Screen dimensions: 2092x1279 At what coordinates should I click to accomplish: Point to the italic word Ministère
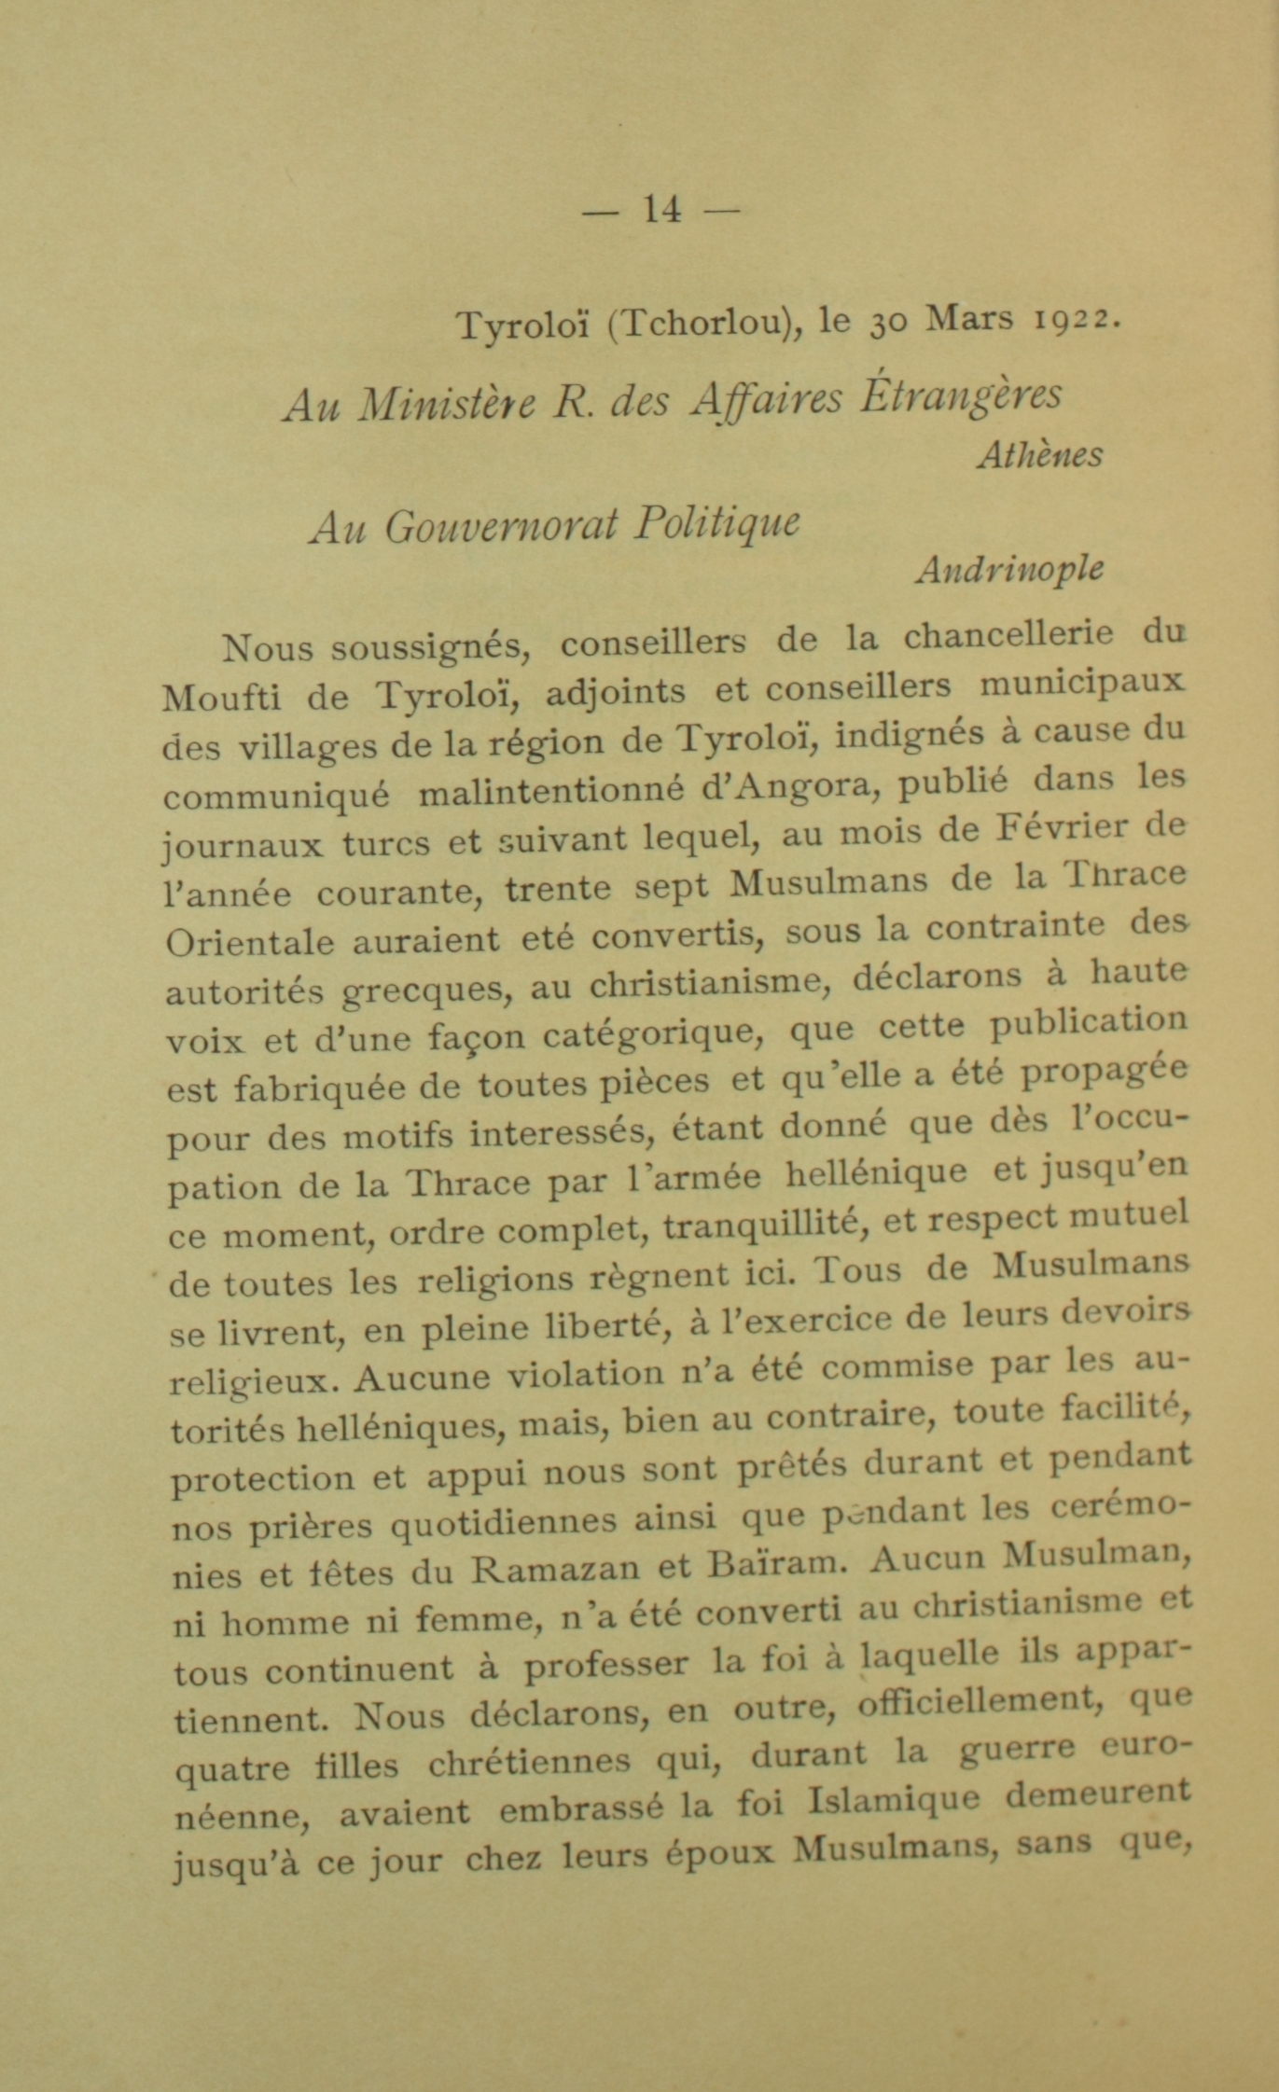(x=448, y=403)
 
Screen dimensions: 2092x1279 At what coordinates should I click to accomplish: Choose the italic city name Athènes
(x=1039, y=455)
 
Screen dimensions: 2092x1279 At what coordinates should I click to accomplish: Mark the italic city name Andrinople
(x=1009, y=569)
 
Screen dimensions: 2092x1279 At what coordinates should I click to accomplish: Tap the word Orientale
(x=249, y=942)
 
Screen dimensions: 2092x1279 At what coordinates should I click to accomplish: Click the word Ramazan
(x=556, y=1570)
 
